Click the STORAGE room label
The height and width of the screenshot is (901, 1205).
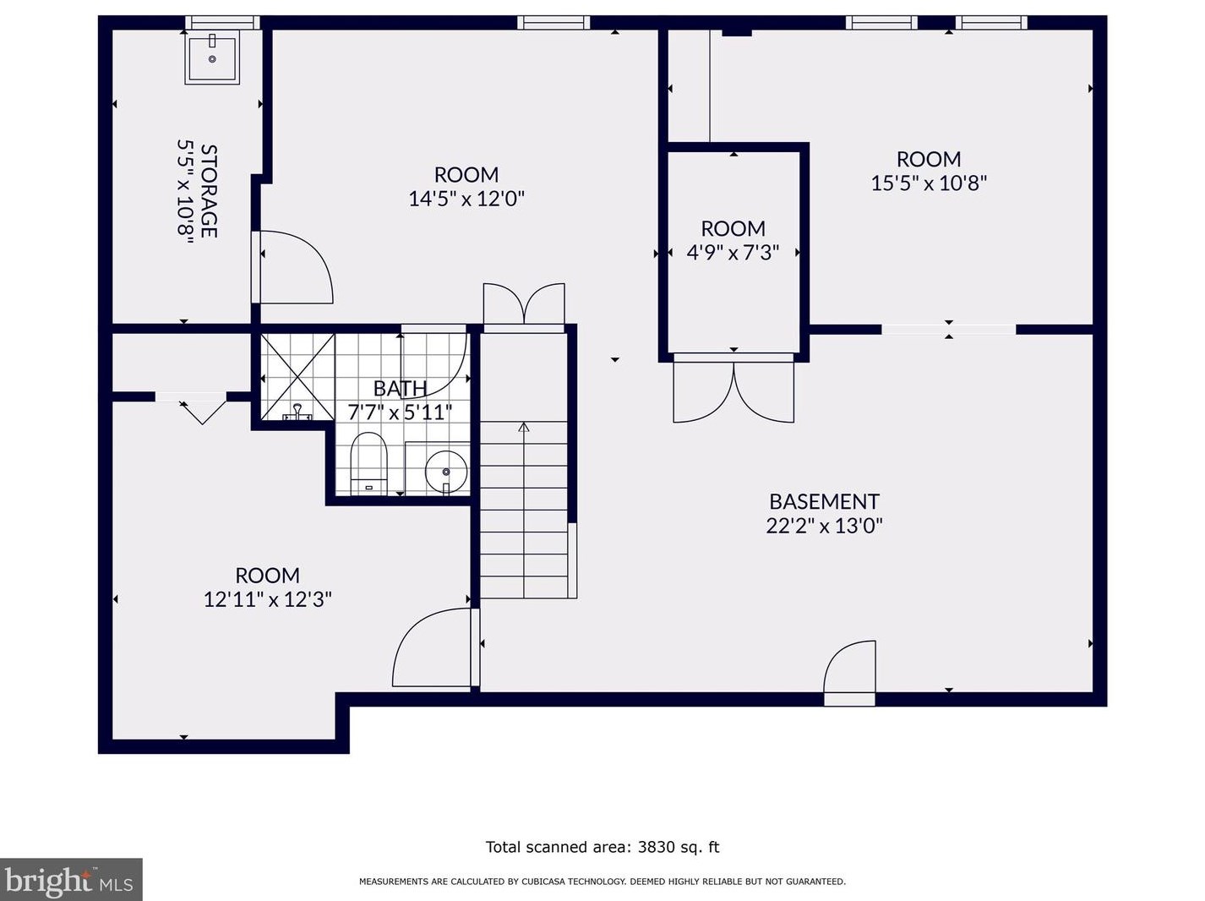[x=210, y=191]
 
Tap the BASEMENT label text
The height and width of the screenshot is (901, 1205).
[x=824, y=502]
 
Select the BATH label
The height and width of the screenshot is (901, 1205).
[x=401, y=389]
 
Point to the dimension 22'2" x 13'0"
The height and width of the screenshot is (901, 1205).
[x=824, y=526]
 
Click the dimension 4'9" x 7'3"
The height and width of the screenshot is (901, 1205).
[x=733, y=253]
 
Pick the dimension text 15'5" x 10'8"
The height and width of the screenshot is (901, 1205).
[x=929, y=183]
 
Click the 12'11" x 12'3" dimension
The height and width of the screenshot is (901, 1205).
[x=268, y=599]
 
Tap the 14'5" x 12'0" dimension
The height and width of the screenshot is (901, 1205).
[x=466, y=199]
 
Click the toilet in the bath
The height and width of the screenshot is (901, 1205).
[x=369, y=463]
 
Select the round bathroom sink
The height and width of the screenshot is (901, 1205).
[x=446, y=472]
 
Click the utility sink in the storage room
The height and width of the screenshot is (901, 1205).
[x=212, y=57]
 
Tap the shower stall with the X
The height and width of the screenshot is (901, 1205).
[x=297, y=377]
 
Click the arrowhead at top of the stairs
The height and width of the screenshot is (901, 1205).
[x=524, y=426]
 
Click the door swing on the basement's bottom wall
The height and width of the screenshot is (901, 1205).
[x=848, y=666]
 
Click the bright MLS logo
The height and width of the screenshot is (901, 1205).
[x=71, y=880]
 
